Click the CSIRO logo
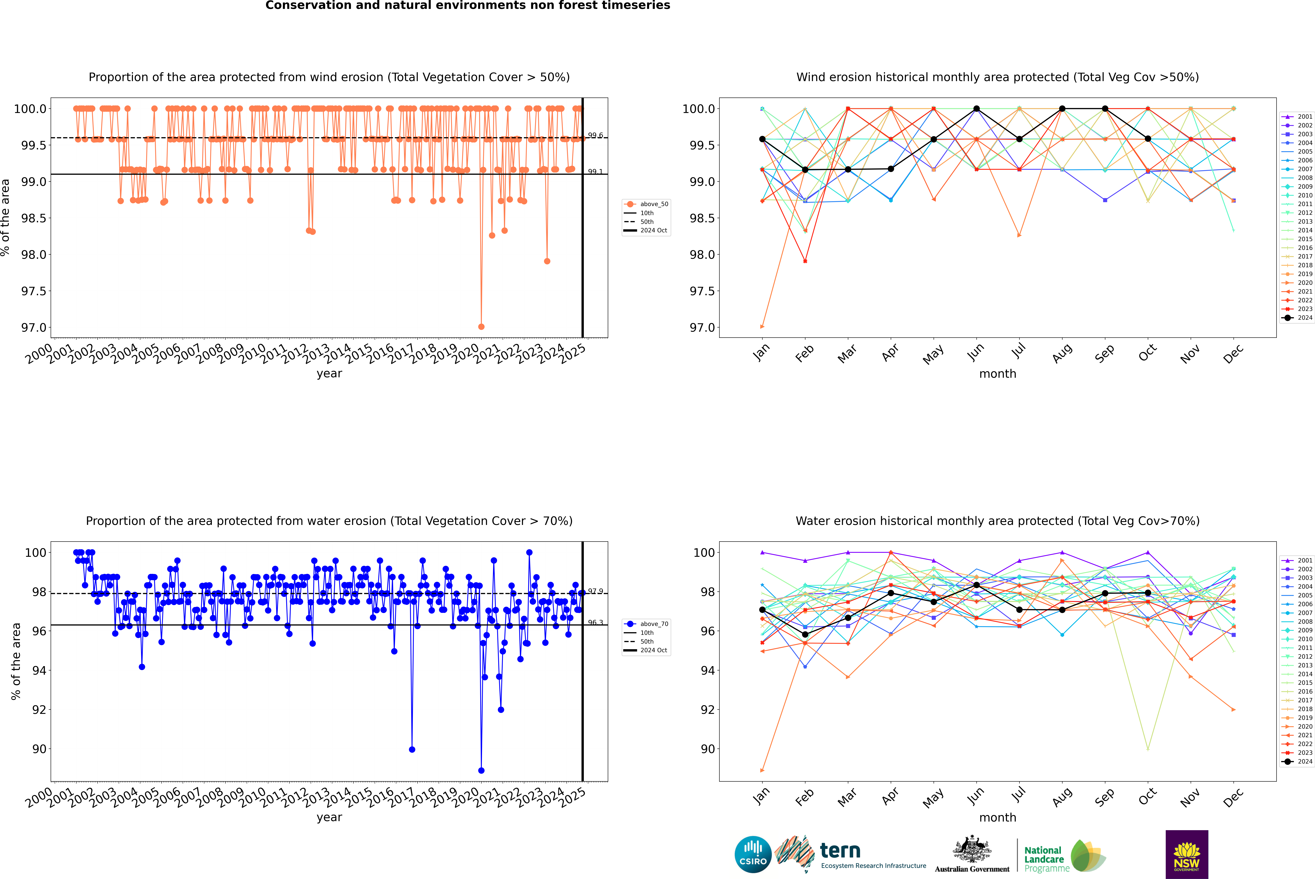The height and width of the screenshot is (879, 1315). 753,854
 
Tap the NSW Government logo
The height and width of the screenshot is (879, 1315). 1187,854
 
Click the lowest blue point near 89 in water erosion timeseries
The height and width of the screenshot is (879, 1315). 481,770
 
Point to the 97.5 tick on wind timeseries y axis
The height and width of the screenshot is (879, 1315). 34,291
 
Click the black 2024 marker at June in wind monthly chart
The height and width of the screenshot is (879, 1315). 976,109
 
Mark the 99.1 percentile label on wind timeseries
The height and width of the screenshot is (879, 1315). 595,172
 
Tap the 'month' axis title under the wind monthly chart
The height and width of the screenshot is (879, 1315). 997,374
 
